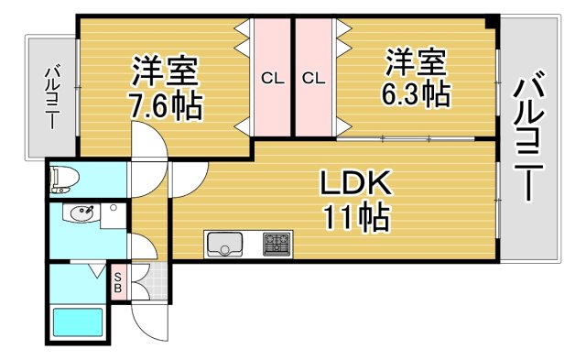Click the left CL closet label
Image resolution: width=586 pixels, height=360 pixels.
pos(272,78)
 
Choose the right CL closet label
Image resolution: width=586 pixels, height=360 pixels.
pos(313,78)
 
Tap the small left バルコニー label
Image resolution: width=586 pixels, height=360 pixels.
pos(51,97)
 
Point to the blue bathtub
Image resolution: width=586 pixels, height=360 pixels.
pos(78,324)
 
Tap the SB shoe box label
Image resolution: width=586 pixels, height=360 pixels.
pos(119,280)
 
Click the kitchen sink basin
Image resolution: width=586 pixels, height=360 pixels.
pos(224,245)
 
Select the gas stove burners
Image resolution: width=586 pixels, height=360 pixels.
pos(277,244)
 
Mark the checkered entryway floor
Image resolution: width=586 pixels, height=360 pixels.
pos(156,280)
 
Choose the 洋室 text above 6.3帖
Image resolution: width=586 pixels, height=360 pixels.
pos(416,62)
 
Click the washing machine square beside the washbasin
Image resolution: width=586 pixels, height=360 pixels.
pos(113,216)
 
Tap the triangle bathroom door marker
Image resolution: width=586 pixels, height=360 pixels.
pos(96,271)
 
